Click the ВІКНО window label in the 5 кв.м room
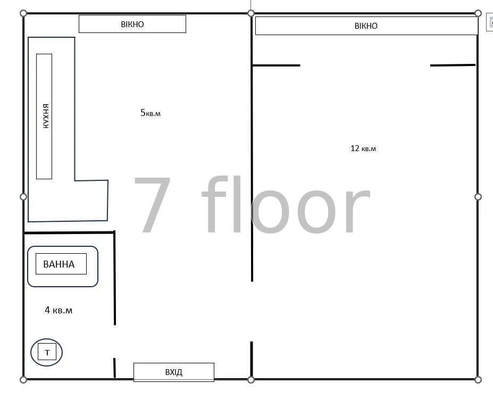pyautogui.click(x=132, y=24)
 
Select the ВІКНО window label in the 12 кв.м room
pyautogui.click(x=366, y=26)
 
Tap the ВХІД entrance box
pyautogui.click(x=174, y=372)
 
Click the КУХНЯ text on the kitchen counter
pyautogui.click(x=46, y=116)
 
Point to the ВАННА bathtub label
pyautogui.click(x=59, y=264)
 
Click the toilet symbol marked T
pyautogui.click(x=46, y=352)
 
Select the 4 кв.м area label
pyautogui.click(x=59, y=310)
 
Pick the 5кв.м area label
pyautogui.click(x=151, y=113)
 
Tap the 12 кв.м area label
pyautogui.click(x=363, y=148)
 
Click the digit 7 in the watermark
pyautogui.click(x=153, y=204)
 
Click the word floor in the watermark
pyautogui.click(x=286, y=204)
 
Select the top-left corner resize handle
pyautogui.click(x=23, y=13)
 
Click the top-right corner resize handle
pyautogui.click(x=478, y=13)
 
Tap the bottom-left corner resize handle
pyautogui.click(x=23, y=380)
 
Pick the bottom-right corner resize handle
pyautogui.click(x=478, y=380)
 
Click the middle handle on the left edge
pyautogui.click(x=23, y=197)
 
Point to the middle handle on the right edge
pyautogui.click(x=478, y=197)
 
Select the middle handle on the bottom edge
pyautogui.click(x=251, y=380)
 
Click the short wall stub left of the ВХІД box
pyautogui.click(x=114, y=368)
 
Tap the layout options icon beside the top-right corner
pyautogui.click(x=490, y=22)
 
